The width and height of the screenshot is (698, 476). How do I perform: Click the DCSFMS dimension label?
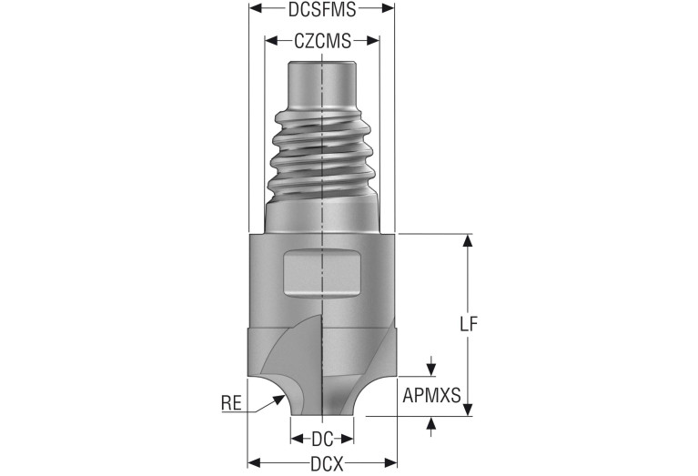click(x=322, y=9)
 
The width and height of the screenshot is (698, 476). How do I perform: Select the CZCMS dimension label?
click(x=322, y=41)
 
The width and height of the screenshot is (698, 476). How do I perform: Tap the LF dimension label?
click(x=469, y=324)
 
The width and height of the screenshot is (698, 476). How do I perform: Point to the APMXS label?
click(x=431, y=395)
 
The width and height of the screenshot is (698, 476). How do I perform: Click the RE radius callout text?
click(x=231, y=403)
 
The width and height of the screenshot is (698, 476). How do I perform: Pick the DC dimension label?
click(x=322, y=440)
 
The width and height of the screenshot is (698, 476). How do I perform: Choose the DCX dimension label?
click(x=327, y=465)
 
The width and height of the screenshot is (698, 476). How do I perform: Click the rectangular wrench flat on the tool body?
click(x=322, y=272)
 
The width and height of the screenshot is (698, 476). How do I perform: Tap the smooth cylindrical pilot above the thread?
click(x=322, y=85)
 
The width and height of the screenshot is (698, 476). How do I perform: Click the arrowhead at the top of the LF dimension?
click(x=468, y=240)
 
